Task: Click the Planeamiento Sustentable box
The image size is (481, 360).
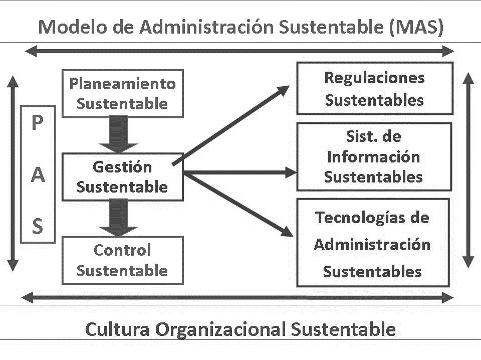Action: (122, 94)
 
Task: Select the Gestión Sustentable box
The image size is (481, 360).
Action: (122, 177)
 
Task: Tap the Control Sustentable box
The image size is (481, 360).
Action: (122, 260)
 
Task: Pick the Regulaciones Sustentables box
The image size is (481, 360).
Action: (374, 89)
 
